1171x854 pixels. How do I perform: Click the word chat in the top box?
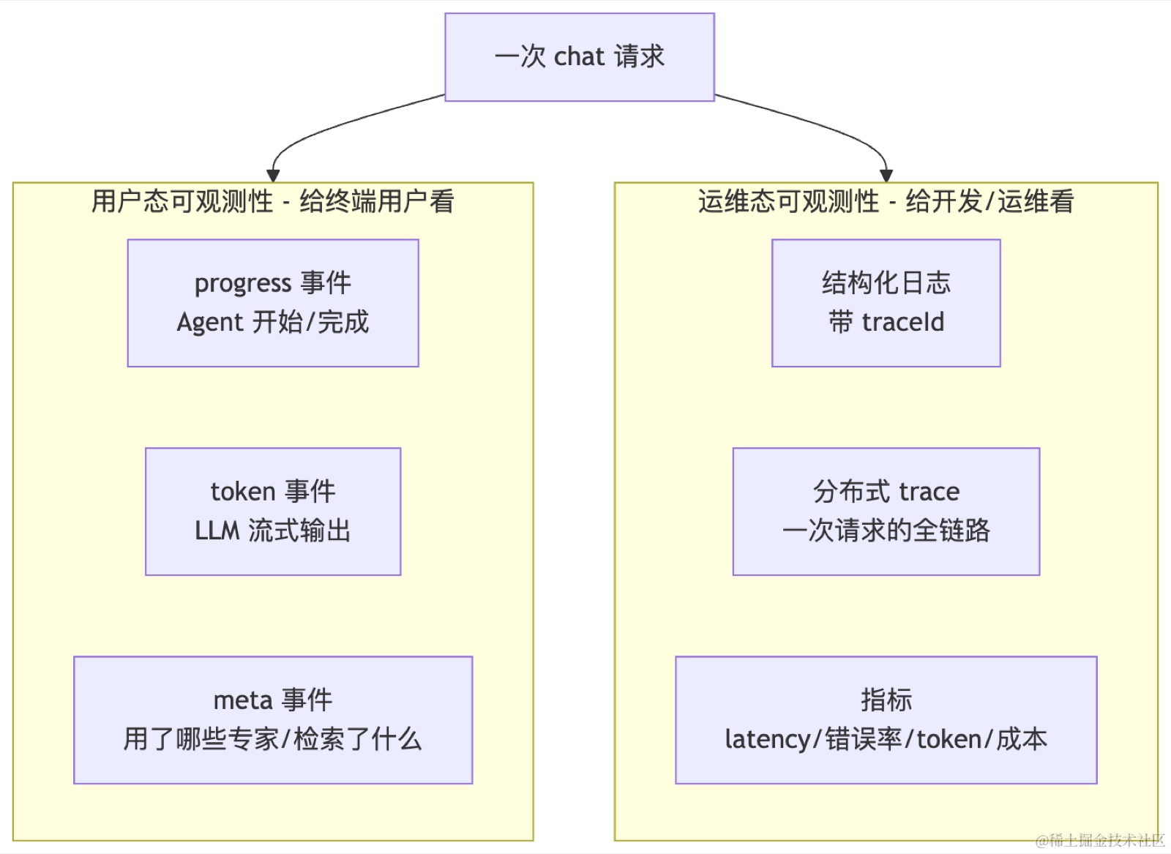tap(579, 56)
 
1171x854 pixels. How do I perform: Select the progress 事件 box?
tap(273, 303)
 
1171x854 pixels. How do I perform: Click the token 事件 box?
tap(273, 512)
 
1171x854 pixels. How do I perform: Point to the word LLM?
tap(217, 531)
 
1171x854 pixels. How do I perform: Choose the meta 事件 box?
tap(273, 720)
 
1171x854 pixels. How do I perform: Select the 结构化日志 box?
tap(886, 303)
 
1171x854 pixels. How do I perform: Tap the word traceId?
tap(903, 322)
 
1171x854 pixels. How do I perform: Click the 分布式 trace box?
tap(886, 512)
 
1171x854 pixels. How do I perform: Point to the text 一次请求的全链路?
tap(886, 531)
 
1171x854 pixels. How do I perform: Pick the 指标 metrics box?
tap(886, 720)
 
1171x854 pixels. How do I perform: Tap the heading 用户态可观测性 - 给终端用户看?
tap(273, 202)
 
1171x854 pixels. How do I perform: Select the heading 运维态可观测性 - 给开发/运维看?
tap(886, 202)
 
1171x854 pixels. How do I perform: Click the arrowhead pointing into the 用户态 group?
tap(273, 176)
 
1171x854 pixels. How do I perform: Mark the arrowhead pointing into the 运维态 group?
tap(886, 176)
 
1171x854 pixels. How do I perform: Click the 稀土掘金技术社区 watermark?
tap(1101, 840)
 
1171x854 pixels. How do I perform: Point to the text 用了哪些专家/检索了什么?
tap(273, 740)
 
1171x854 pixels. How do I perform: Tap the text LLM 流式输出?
tap(273, 531)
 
